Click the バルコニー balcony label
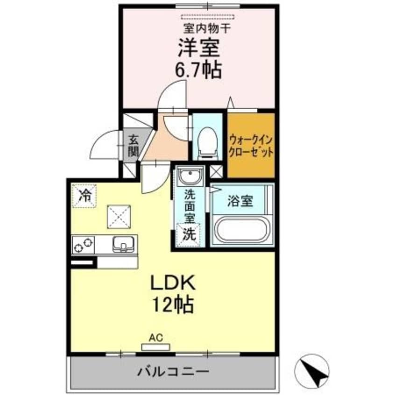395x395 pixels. tap(173, 372)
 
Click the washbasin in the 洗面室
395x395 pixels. tap(190, 177)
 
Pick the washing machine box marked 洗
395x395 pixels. tap(189, 234)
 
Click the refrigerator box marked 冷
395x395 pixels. tap(85, 195)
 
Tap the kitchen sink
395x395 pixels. tap(123, 244)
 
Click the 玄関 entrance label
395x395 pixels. tap(134, 145)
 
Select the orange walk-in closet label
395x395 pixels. tap(250, 146)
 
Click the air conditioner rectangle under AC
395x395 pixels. tap(156, 346)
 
